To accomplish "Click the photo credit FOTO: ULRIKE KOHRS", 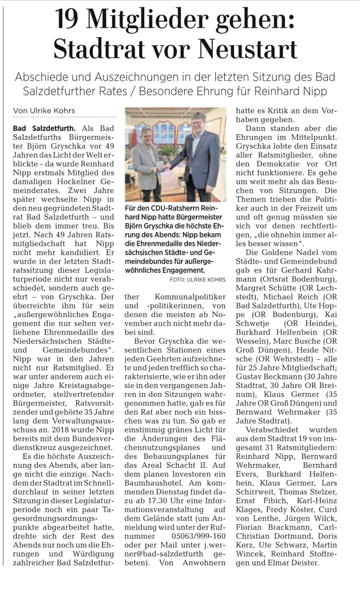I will coord(198,280).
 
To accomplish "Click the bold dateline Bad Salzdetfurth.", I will coord(44,128).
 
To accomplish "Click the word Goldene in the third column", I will coord(281,253).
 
